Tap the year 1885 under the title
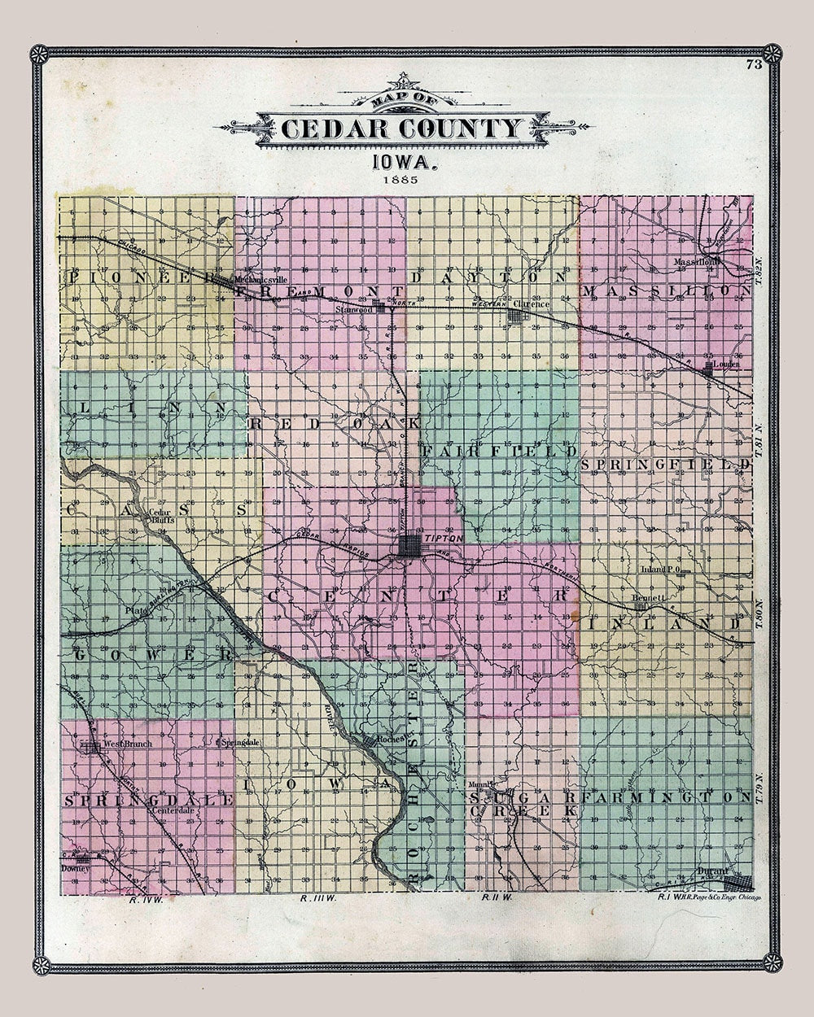point(405,178)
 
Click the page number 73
point(753,66)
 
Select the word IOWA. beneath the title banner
point(405,160)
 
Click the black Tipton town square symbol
point(409,547)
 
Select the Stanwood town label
point(357,310)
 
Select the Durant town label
point(712,871)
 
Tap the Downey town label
point(73,868)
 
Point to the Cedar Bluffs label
point(161,517)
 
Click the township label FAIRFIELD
point(498,450)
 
